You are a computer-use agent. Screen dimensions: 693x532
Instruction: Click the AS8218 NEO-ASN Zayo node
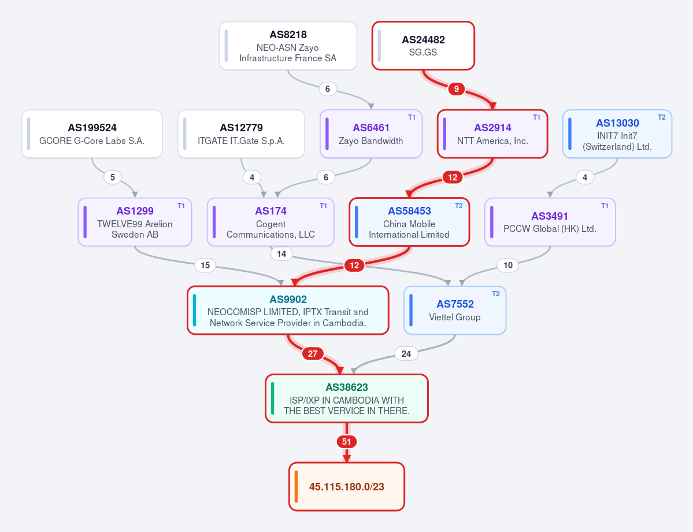[x=288, y=46]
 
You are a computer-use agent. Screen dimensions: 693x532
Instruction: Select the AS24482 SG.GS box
[x=423, y=46]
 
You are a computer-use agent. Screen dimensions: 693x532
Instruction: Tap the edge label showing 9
[x=456, y=89]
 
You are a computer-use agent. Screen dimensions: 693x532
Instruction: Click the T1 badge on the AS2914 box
[x=536, y=117]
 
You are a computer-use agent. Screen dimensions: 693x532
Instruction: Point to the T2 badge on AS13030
[x=661, y=117]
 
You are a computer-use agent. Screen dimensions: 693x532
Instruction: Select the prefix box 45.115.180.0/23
[x=347, y=486]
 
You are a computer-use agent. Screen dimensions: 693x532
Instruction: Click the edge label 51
[x=347, y=442]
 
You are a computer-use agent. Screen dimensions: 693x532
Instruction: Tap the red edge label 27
[x=313, y=354]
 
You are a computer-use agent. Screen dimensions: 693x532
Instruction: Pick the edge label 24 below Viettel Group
[x=406, y=354]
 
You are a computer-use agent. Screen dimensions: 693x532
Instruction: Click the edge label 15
[x=205, y=265]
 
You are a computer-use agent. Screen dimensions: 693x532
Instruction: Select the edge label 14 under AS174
[x=281, y=254]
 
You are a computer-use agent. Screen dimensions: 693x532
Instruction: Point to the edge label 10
[x=508, y=265]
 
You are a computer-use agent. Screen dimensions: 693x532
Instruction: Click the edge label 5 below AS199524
[x=113, y=178]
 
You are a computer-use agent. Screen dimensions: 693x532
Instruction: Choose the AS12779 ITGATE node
[x=242, y=134]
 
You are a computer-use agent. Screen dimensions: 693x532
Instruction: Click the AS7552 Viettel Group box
[x=455, y=310]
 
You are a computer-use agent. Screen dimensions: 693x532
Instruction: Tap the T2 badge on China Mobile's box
[x=458, y=206]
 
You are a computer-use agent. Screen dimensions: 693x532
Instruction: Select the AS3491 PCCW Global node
[x=550, y=221]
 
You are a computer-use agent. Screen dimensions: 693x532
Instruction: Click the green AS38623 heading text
[x=347, y=387]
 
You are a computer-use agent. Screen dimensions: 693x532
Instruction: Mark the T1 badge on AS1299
[x=181, y=206]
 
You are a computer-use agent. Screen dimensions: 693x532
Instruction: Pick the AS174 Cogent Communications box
[x=270, y=221]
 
